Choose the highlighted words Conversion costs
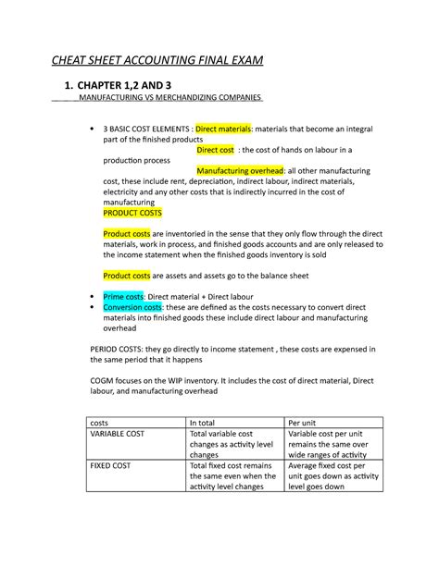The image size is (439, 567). point(133,306)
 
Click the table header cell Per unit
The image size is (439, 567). point(306,422)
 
